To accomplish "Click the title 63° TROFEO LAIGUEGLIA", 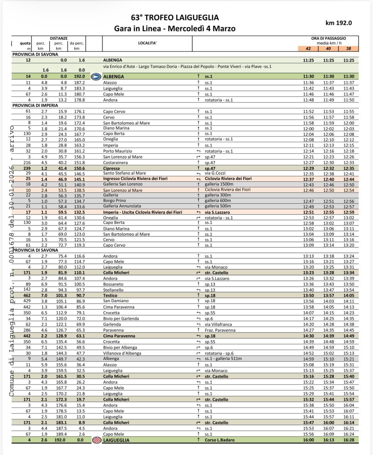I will [x=175, y=18].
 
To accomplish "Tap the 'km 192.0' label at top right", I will [x=339, y=23].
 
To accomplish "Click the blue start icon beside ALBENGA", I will [x=96, y=77].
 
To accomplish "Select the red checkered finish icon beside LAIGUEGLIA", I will [x=97, y=440].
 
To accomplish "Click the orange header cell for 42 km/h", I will [x=308, y=49].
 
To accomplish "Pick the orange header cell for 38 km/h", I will [x=348, y=49].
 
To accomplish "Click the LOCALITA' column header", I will [x=147, y=43].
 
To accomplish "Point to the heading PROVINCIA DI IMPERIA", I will [x=35, y=106].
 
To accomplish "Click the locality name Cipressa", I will [x=111, y=168].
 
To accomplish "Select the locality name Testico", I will [x=110, y=295].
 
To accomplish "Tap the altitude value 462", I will [x=27, y=295].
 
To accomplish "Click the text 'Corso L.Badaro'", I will [x=219, y=440].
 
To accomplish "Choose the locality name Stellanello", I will [x=113, y=290].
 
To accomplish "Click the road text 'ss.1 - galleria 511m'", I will [x=223, y=359].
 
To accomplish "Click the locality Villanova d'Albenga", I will [x=122, y=353].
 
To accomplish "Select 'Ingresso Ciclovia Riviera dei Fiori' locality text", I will [x=135, y=179].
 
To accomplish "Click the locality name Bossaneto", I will [x=113, y=284].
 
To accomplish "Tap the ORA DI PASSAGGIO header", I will [x=328, y=38].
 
